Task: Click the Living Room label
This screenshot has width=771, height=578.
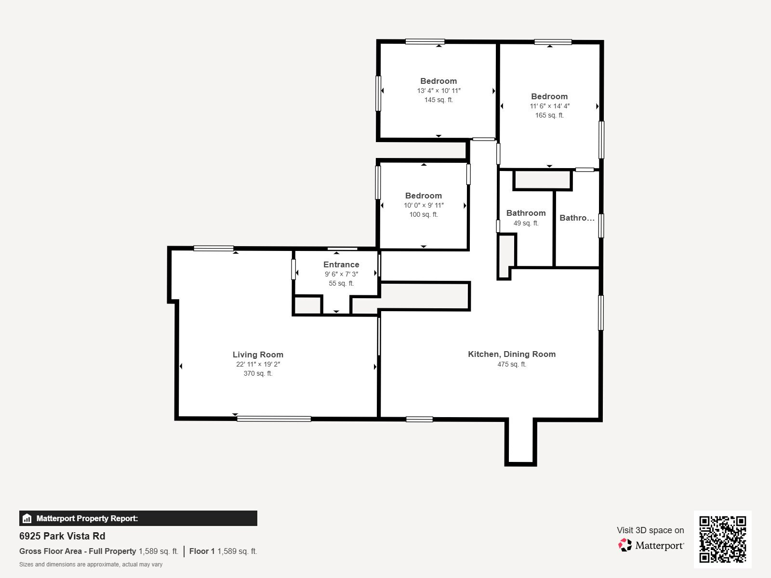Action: tap(258, 355)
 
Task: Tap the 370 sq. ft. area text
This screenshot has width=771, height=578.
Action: tap(258, 373)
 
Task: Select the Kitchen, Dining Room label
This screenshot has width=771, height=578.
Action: tap(512, 354)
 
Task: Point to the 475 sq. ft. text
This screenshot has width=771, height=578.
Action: tap(512, 364)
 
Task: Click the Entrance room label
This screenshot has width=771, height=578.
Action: tap(341, 264)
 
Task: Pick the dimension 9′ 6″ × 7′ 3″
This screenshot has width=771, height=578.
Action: tap(341, 274)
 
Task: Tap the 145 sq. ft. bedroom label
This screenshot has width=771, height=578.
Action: tap(439, 100)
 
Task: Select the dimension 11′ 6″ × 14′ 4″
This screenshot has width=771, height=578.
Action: tap(549, 106)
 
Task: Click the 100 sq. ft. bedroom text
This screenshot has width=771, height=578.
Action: tap(424, 214)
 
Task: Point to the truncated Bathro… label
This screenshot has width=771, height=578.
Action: tap(577, 218)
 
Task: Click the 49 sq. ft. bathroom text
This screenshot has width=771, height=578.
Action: tap(526, 223)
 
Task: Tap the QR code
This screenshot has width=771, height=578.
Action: tap(722, 539)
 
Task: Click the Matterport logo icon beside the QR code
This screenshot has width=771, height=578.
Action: tap(625, 545)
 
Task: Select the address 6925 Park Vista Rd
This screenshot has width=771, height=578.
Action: tap(62, 536)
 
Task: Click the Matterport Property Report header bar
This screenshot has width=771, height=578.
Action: tap(138, 518)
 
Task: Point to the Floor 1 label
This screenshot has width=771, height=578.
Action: tap(202, 551)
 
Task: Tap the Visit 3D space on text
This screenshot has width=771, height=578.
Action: tap(650, 530)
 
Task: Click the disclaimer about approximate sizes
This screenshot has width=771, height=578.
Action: tap(91, 565)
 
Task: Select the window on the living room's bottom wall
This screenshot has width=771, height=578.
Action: tap(274, 419)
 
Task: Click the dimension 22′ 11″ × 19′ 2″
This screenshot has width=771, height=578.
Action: tap(258, 364)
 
